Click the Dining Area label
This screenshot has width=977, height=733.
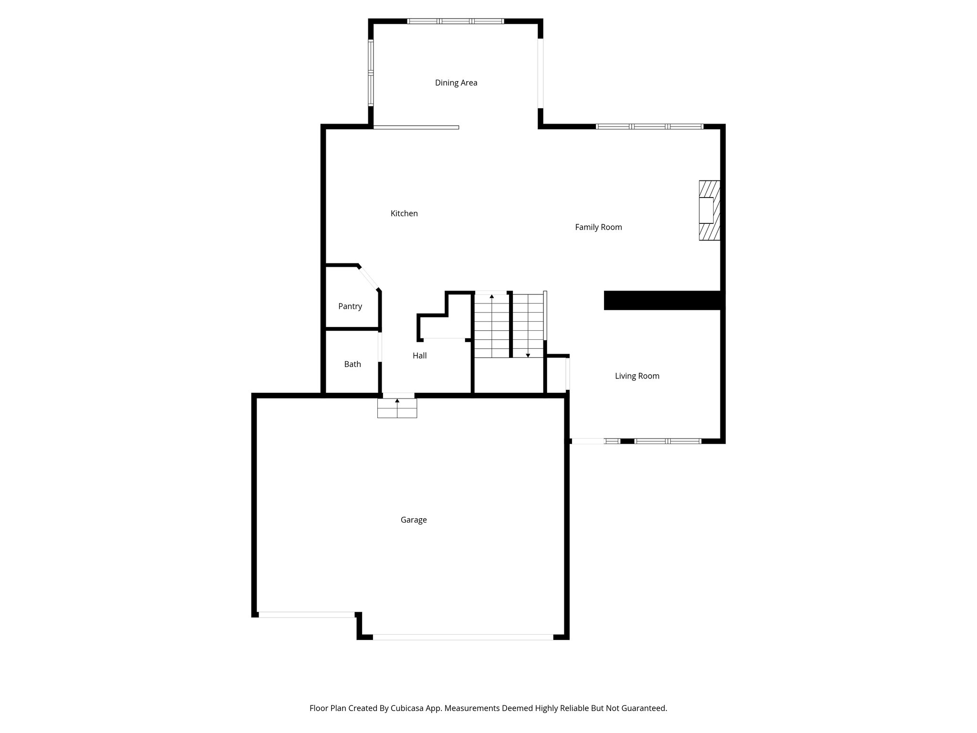point(456,83)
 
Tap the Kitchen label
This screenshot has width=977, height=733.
point(404,214)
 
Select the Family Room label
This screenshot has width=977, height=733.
point(598,228)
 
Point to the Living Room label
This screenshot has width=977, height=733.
point(637,377)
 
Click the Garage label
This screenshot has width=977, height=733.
point(414,520)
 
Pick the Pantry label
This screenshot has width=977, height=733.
point(350,307)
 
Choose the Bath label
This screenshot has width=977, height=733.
point(353,365)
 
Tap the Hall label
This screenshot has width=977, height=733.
point(420,356)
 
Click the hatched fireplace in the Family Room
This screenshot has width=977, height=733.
point(709,210)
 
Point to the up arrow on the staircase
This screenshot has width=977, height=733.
point(492,296)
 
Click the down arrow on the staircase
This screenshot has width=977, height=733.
point(528,355)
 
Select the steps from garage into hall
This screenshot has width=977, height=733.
point(397,408)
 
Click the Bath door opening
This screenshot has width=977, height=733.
point(380,347)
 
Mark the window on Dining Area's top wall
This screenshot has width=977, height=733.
point(456,21)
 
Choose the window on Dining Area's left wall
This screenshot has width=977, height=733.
point(371,73)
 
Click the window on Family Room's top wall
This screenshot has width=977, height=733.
point(649,126)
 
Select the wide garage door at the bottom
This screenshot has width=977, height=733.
point(463,637)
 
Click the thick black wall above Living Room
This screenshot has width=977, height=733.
point(663,301)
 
